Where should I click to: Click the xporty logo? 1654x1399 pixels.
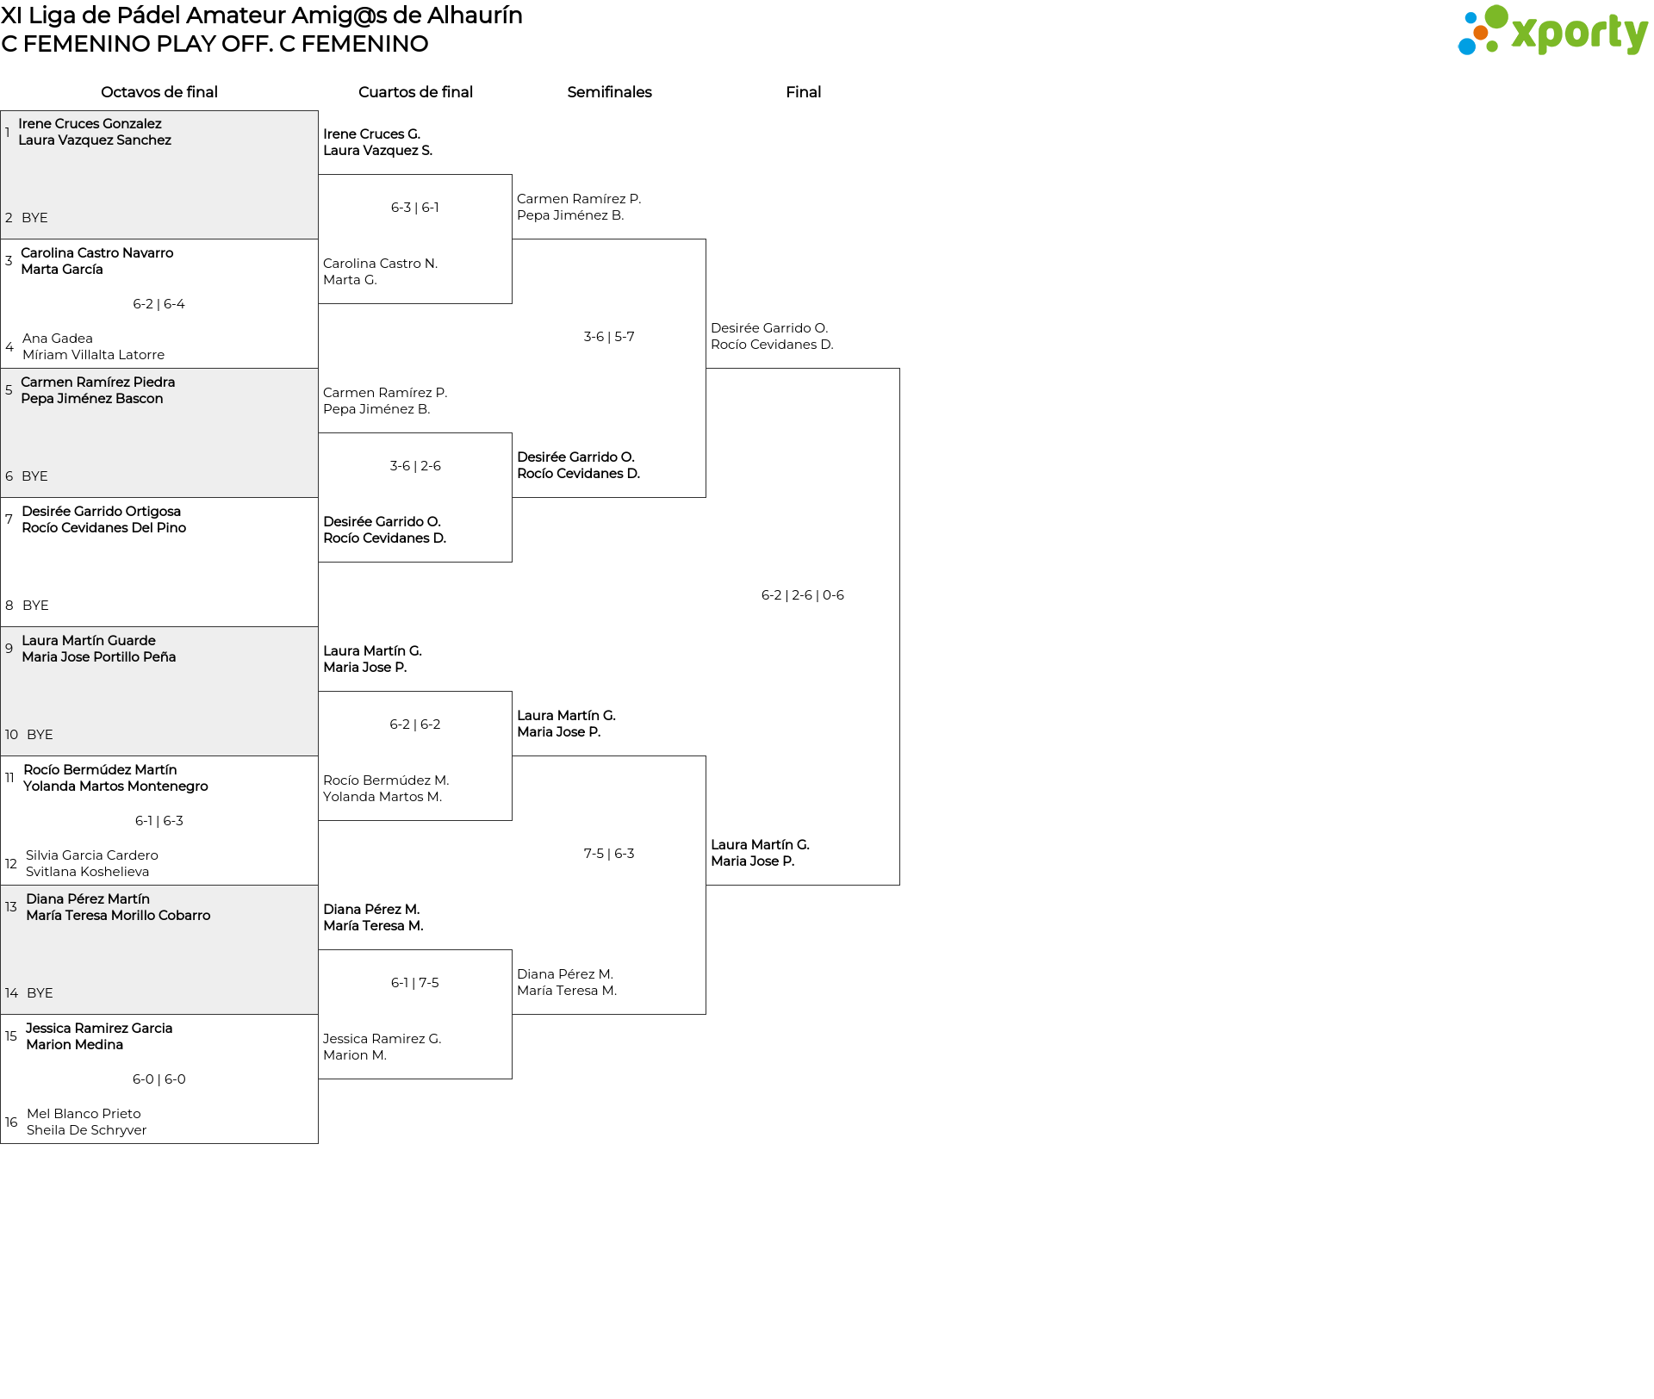click(1552, 30)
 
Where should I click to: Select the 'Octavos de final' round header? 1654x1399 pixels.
click(159, 92)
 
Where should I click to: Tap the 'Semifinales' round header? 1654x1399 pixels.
click(609, 92)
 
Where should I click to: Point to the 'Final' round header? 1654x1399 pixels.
click(803, 92)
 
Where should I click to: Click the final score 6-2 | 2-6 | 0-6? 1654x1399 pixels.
click(803, 595)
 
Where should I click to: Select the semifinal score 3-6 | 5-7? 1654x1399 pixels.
click(609, 337)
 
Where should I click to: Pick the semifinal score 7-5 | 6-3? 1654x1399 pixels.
click(609, 854)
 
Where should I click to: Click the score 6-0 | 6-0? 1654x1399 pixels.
click(159, 1079)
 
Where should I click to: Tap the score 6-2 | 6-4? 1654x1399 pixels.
click(159, 304)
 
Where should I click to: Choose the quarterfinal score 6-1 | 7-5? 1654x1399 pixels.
click(415, 983)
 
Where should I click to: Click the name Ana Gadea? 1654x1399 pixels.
click(58, 339)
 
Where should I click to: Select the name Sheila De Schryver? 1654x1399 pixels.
click(87, 1130)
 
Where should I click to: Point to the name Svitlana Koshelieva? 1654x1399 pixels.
click(88, 872)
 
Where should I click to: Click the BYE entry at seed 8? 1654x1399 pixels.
click(35, 606)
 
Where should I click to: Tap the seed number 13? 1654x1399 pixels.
click(11, 907)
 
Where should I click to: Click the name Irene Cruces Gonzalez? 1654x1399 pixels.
click(90, 124)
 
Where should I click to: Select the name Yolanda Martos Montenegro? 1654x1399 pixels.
click(115, 787)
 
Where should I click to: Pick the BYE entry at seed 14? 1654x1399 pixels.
click(40, 993)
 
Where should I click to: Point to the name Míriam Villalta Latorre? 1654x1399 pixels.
click(94, 355)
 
